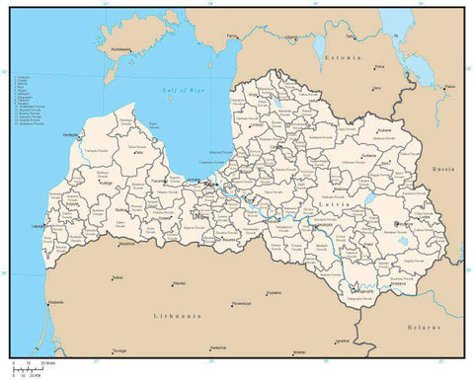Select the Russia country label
tap(440, 170)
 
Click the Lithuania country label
tap(178, 315)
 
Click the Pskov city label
tap(450, 87)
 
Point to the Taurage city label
tap(118, 350)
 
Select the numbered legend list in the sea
tap(30, 109)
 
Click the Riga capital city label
tap(210, 184)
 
